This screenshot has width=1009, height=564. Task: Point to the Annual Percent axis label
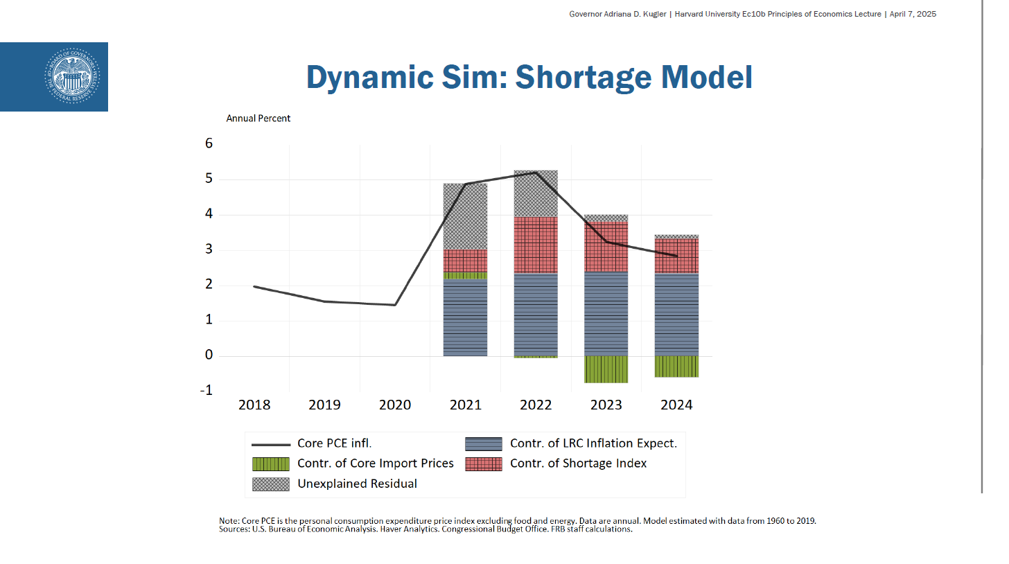point(258,118)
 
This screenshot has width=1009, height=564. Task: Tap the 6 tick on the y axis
point(209,143)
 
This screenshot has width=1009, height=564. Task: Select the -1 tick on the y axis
point(207,391)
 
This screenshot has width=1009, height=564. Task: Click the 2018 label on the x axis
point(254,405)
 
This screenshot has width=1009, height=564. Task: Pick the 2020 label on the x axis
point(395,405)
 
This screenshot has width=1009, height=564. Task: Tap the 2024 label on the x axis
point(676,405)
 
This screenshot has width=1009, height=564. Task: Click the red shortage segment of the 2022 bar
point(536,245)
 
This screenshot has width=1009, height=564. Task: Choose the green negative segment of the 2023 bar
point(606,369)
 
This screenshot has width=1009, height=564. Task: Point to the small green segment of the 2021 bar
point(465,276)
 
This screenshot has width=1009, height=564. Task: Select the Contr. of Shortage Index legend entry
point(578,464)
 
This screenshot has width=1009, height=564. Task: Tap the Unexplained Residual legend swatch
point(270,484)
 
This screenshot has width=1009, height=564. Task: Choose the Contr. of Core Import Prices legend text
point(375,464)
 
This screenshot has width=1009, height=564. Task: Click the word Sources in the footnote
point(234,529)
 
